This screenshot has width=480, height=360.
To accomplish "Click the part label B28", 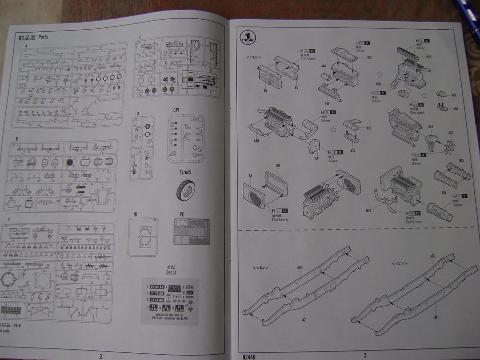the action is (369, 210).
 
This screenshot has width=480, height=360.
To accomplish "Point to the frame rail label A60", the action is (300, 267).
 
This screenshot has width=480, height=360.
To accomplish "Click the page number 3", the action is (365, 355).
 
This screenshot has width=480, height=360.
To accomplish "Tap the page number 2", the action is (101, 356).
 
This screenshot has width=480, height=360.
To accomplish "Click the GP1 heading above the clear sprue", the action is (176, 110).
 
